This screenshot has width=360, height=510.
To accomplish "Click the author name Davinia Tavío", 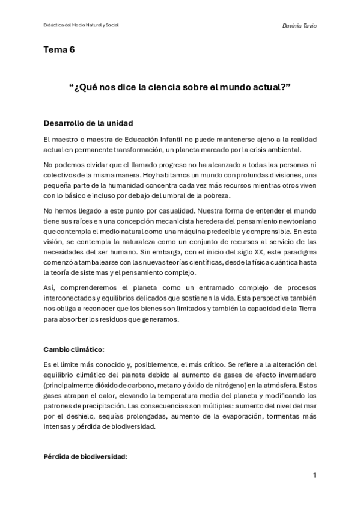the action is click(x=299, y=25).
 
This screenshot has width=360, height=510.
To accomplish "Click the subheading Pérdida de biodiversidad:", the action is click(x=85, y=456).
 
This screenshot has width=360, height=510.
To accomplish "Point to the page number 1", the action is click(x=314, y=475).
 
